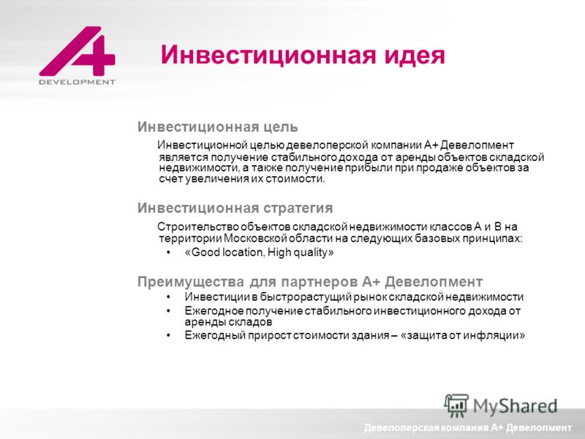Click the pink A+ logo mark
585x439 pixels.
(78, 50)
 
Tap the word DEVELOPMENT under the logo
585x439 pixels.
(78, 82)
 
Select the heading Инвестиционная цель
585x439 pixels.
(217, 127)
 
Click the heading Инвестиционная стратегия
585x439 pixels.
(235, 208)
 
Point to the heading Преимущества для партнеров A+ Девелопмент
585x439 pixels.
(310, 281)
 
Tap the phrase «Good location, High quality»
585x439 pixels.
(259, 252)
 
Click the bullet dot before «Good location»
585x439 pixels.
(169, 252)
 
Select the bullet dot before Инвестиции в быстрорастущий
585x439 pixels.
(169, 297)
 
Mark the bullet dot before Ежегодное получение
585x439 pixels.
(169, 311)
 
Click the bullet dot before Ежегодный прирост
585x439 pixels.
(169, 335)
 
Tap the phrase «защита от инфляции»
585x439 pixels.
(463, 335)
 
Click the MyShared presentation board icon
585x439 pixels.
(456, 406)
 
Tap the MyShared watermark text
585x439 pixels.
(516, 406)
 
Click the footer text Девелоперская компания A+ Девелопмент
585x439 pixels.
(468, 428)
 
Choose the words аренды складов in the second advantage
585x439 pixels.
(228, 322)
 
